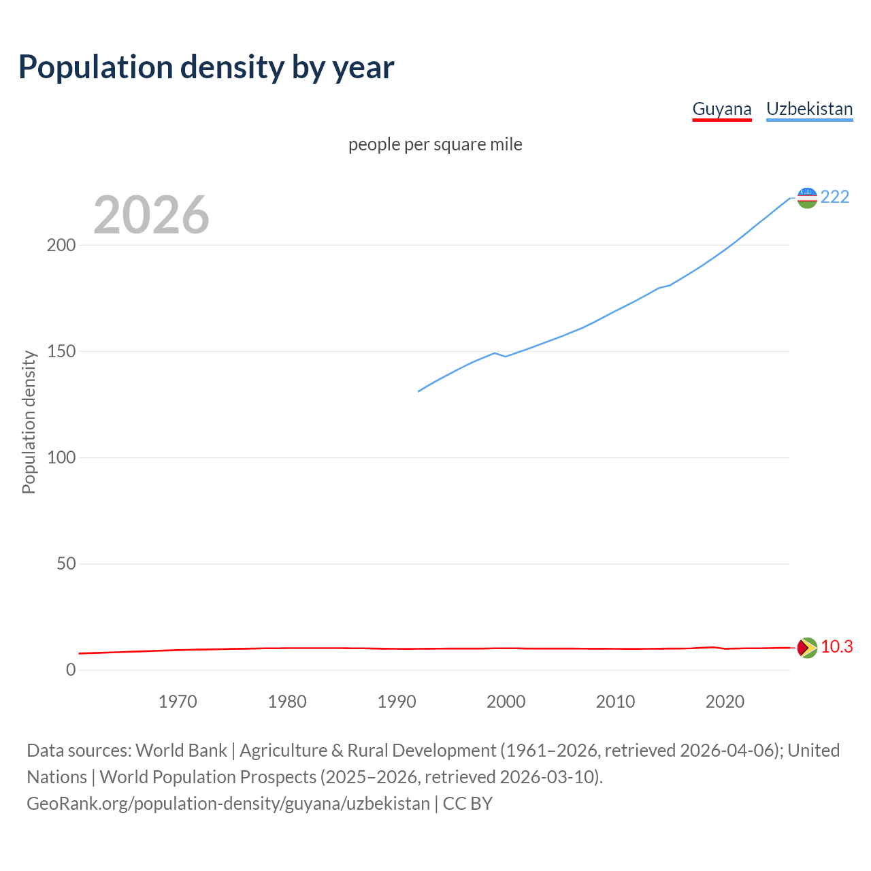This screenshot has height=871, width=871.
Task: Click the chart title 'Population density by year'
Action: (206, 67)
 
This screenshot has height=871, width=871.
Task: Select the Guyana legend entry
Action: (721, 109)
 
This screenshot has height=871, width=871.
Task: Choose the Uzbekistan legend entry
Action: (809, 109)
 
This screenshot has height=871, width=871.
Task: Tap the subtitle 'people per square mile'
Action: (435, 144)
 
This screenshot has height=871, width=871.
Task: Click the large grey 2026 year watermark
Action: (151, 215)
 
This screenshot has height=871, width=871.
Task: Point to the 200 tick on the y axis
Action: (61, 245)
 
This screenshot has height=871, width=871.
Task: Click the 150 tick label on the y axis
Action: (61, 351)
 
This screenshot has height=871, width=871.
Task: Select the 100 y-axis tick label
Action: (61, 457)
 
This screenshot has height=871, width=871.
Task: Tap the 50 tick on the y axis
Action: (66, 563)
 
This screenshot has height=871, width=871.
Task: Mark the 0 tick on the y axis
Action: (71, 670)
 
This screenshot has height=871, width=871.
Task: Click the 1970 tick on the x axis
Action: (178, 702)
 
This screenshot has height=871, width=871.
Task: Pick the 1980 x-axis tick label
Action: (287, 702)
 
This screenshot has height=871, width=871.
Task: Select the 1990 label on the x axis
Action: (397, 702)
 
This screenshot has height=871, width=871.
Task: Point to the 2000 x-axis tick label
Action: (506, 702)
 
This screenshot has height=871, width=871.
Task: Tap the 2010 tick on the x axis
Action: (615, 702)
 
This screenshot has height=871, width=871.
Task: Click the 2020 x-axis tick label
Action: (725, 702)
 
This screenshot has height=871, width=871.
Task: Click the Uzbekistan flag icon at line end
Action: (807, 198)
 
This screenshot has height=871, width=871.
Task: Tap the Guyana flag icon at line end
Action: (807, 648)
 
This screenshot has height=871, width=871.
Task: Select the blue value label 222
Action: (835, 197)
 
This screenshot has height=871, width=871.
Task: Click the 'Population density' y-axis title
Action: (29, 422)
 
